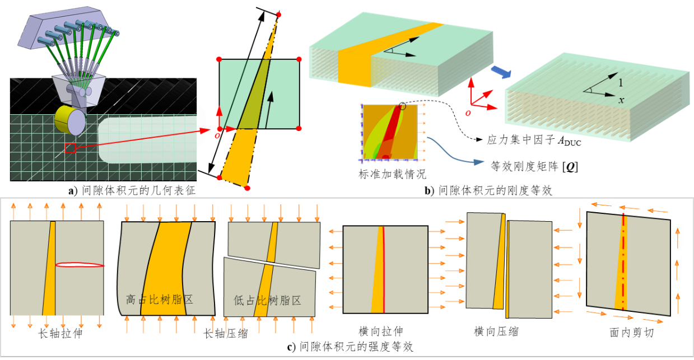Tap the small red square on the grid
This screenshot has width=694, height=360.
70,148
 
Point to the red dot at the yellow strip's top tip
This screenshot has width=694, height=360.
278,15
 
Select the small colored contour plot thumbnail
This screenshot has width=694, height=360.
392,133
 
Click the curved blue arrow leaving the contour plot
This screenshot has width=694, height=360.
454,153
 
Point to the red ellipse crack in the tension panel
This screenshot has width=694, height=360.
80,265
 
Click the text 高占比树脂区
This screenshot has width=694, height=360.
160,300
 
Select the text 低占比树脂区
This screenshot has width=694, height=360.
267,301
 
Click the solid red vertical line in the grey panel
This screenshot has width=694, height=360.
383,269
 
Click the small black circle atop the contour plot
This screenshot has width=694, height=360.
402,106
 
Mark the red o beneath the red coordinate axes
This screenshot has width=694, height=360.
468,113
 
